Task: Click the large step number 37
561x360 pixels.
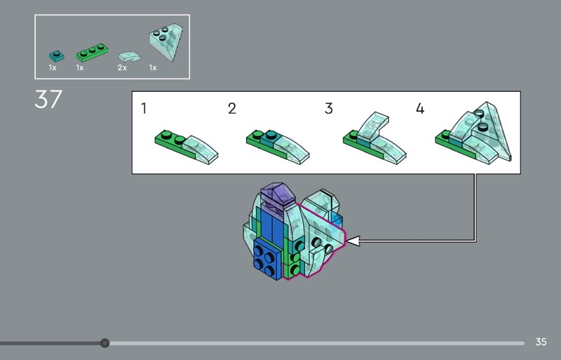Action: point(48,99)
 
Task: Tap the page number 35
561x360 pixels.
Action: point(541,342)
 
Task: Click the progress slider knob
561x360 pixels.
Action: point(104,343)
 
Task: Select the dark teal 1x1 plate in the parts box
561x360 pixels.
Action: point(57,56)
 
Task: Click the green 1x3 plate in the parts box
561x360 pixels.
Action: point(93,53)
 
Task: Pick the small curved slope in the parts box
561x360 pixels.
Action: point(129,57)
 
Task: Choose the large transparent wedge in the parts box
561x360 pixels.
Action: point(165,42)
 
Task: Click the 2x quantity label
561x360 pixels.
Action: point(122,67)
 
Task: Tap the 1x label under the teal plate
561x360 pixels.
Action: point(53,67)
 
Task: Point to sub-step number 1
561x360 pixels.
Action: point(144,108)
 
